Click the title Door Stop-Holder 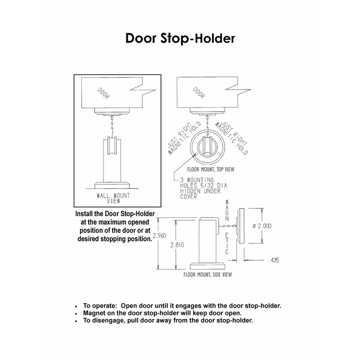tap(180, 39)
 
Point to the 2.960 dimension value tap(160, 235)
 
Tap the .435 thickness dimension tap(273, 260)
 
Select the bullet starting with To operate tap(182, 306)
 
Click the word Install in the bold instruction tap(89, 215)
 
